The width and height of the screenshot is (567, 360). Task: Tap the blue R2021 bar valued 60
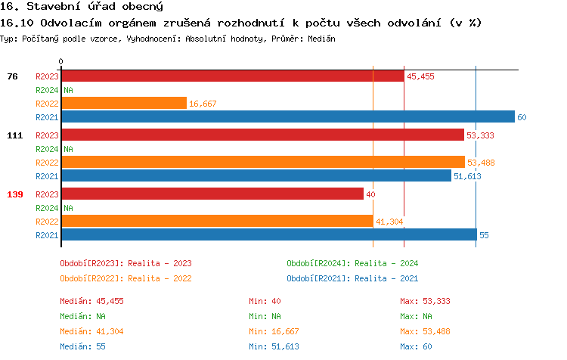point(287,117)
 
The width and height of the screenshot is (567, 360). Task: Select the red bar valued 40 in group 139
point(212,194)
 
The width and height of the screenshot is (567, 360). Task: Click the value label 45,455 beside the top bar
point(420,76)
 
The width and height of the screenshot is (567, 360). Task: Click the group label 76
point(12,76)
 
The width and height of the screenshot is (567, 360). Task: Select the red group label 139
point(14,194)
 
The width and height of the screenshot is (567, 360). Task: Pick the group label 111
point(14,135)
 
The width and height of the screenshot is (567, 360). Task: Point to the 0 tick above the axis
point(61,61)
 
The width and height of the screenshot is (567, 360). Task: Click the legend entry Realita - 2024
point(352,263)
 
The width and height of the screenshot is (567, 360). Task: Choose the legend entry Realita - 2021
point(352,278)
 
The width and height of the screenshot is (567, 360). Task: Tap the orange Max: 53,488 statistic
point(425,331)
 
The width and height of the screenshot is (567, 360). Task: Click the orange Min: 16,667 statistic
point(274,331)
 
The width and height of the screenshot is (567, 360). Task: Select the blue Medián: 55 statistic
point(82,346)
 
